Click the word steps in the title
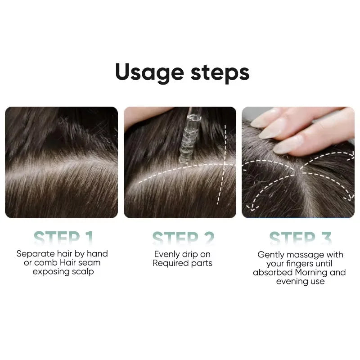220,73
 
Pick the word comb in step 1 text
45,263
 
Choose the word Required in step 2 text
170,263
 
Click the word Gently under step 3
271,255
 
